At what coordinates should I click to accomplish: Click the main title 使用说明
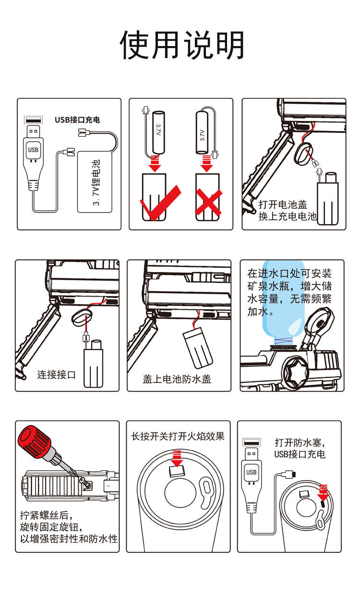(182, 46)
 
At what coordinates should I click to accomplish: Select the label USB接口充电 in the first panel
(77, 119)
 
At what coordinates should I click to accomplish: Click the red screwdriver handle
(35, 440)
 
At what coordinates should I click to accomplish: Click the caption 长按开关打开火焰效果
(178, 437)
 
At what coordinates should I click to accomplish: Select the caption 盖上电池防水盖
(177, 379)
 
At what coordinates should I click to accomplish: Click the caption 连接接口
(57, 375)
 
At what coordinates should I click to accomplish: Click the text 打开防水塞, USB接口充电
(300, 448)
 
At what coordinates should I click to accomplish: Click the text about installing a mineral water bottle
(289, 292)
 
